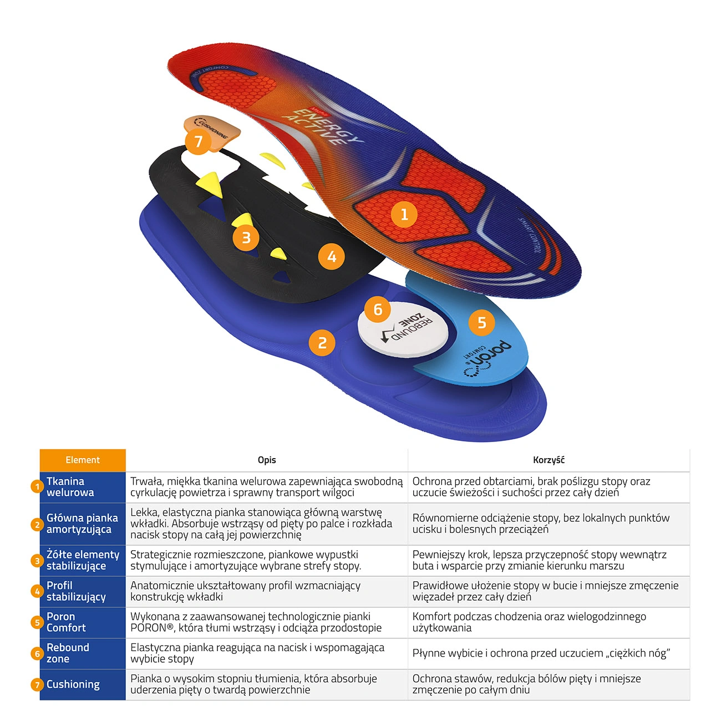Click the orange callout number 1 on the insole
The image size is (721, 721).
404,215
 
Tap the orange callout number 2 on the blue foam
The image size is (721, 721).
322,343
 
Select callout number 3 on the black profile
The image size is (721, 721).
246,237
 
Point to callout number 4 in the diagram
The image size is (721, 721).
332,257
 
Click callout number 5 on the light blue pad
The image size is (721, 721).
482,323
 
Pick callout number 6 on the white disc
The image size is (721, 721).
378,309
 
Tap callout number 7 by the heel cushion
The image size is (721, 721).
199,141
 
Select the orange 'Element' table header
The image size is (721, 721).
83,460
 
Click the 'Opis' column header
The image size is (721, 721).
267,460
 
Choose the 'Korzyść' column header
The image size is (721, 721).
549,460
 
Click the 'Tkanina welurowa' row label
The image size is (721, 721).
70,487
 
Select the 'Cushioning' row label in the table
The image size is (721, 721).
73,684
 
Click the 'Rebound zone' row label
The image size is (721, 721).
68,653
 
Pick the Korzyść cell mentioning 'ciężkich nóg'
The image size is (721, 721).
541,653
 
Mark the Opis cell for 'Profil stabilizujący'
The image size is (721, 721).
246,591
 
